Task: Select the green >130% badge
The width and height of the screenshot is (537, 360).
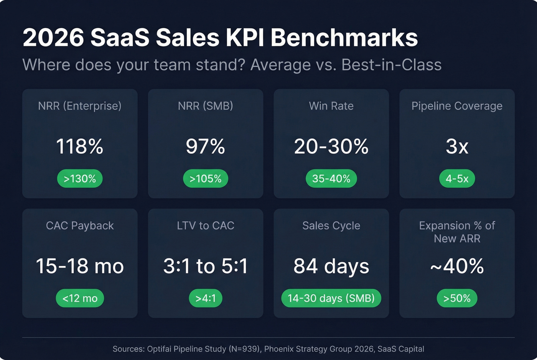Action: click(x=80, y=179)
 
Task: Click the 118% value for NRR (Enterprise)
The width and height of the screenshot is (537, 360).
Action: click(x=80, y=146)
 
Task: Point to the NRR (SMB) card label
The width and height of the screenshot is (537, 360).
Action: click(x=206, y=106)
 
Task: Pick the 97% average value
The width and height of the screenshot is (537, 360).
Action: click(x=206, y=146)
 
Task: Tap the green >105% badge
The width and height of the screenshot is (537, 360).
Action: click(x=206, y=179)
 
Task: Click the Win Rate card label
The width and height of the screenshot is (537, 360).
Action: click(x=331, y=106)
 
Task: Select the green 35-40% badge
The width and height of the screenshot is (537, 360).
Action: click(x=331, y=179)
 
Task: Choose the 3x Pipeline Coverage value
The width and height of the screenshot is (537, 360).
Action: click(x=457, y=146)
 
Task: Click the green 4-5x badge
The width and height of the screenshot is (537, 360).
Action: click(x=457, y=179)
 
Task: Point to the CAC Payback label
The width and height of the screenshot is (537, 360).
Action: click(x=80, y=225)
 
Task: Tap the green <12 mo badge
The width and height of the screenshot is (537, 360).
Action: click(x=80, y=298)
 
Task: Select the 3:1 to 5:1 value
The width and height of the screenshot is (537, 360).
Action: click(x=206, y=266)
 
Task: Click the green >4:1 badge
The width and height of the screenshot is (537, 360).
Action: click(x=206, y=298)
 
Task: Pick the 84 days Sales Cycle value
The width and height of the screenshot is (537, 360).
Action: click(x=331, y=266)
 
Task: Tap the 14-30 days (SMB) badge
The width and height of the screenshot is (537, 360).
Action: click(x=331, y=298)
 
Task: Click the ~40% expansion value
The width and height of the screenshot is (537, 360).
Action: click(x=457, y=266)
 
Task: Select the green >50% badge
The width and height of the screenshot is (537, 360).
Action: click(x=457, y=298)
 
